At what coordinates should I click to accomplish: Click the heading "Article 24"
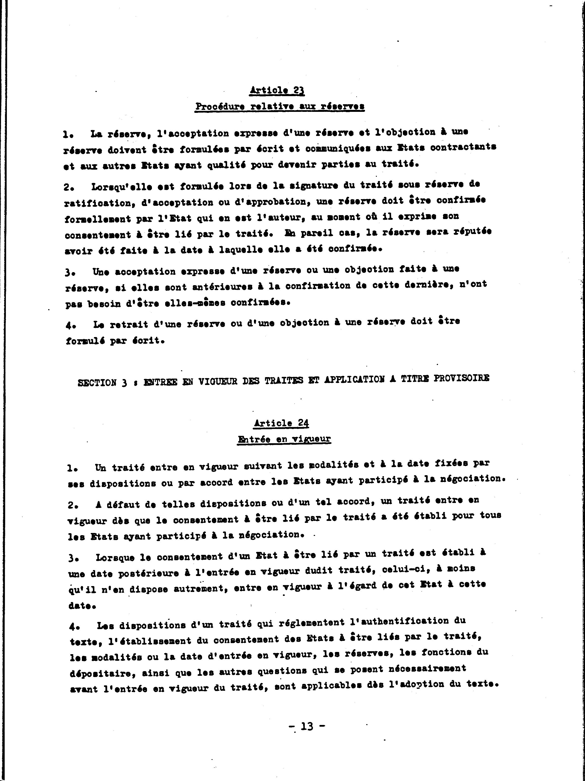coord(281,423)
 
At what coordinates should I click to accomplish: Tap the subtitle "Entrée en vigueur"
coord(284,439)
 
